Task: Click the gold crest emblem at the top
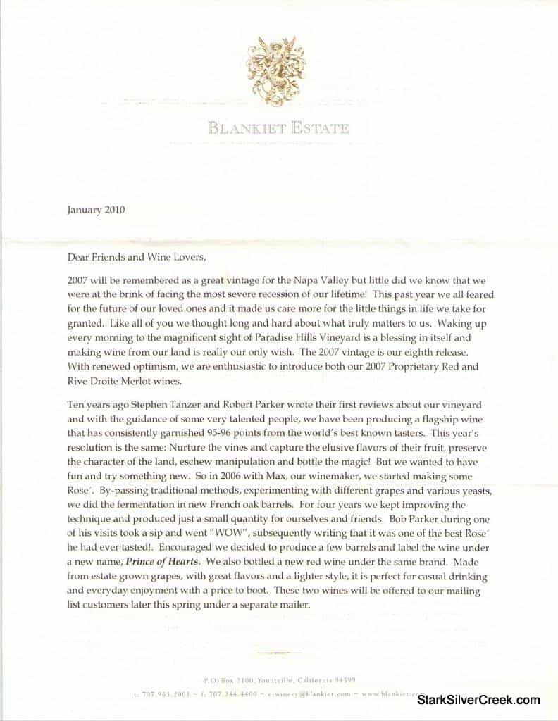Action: click(279, 71)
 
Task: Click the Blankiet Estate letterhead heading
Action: click(278, 128)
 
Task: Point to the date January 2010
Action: click(96, 209)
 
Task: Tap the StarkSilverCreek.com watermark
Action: click(478, 700)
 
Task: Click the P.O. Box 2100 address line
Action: click(279, 680)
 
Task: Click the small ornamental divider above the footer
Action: click(279, 652)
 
